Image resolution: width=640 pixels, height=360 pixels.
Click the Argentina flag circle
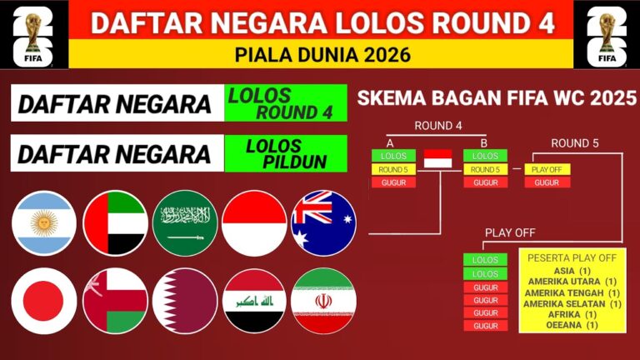44,223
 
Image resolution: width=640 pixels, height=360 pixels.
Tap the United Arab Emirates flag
116,223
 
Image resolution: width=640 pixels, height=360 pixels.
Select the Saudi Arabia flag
185,223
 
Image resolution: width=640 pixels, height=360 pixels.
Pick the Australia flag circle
323,223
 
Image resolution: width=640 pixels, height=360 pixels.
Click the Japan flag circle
44,301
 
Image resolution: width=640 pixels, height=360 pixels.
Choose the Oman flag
116,301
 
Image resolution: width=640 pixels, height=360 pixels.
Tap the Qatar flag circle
185,301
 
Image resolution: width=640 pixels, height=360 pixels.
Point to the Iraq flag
254,301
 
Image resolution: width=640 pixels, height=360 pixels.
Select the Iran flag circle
323,301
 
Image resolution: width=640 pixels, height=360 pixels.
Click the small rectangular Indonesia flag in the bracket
438,159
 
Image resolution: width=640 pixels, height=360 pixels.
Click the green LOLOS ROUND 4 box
286,102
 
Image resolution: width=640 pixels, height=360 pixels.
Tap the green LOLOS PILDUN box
286,153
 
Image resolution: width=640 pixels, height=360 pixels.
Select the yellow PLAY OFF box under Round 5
547,169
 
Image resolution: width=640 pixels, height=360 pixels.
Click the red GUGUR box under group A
393,182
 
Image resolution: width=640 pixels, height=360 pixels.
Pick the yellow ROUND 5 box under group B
485,169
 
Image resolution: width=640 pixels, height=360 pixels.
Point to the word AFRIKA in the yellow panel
564,315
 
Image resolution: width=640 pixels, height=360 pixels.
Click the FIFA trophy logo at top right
607,35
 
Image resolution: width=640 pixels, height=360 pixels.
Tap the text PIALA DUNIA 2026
322,55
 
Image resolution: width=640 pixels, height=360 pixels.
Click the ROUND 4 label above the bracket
438,126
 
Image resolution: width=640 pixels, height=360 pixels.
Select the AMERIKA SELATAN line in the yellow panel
572,303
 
